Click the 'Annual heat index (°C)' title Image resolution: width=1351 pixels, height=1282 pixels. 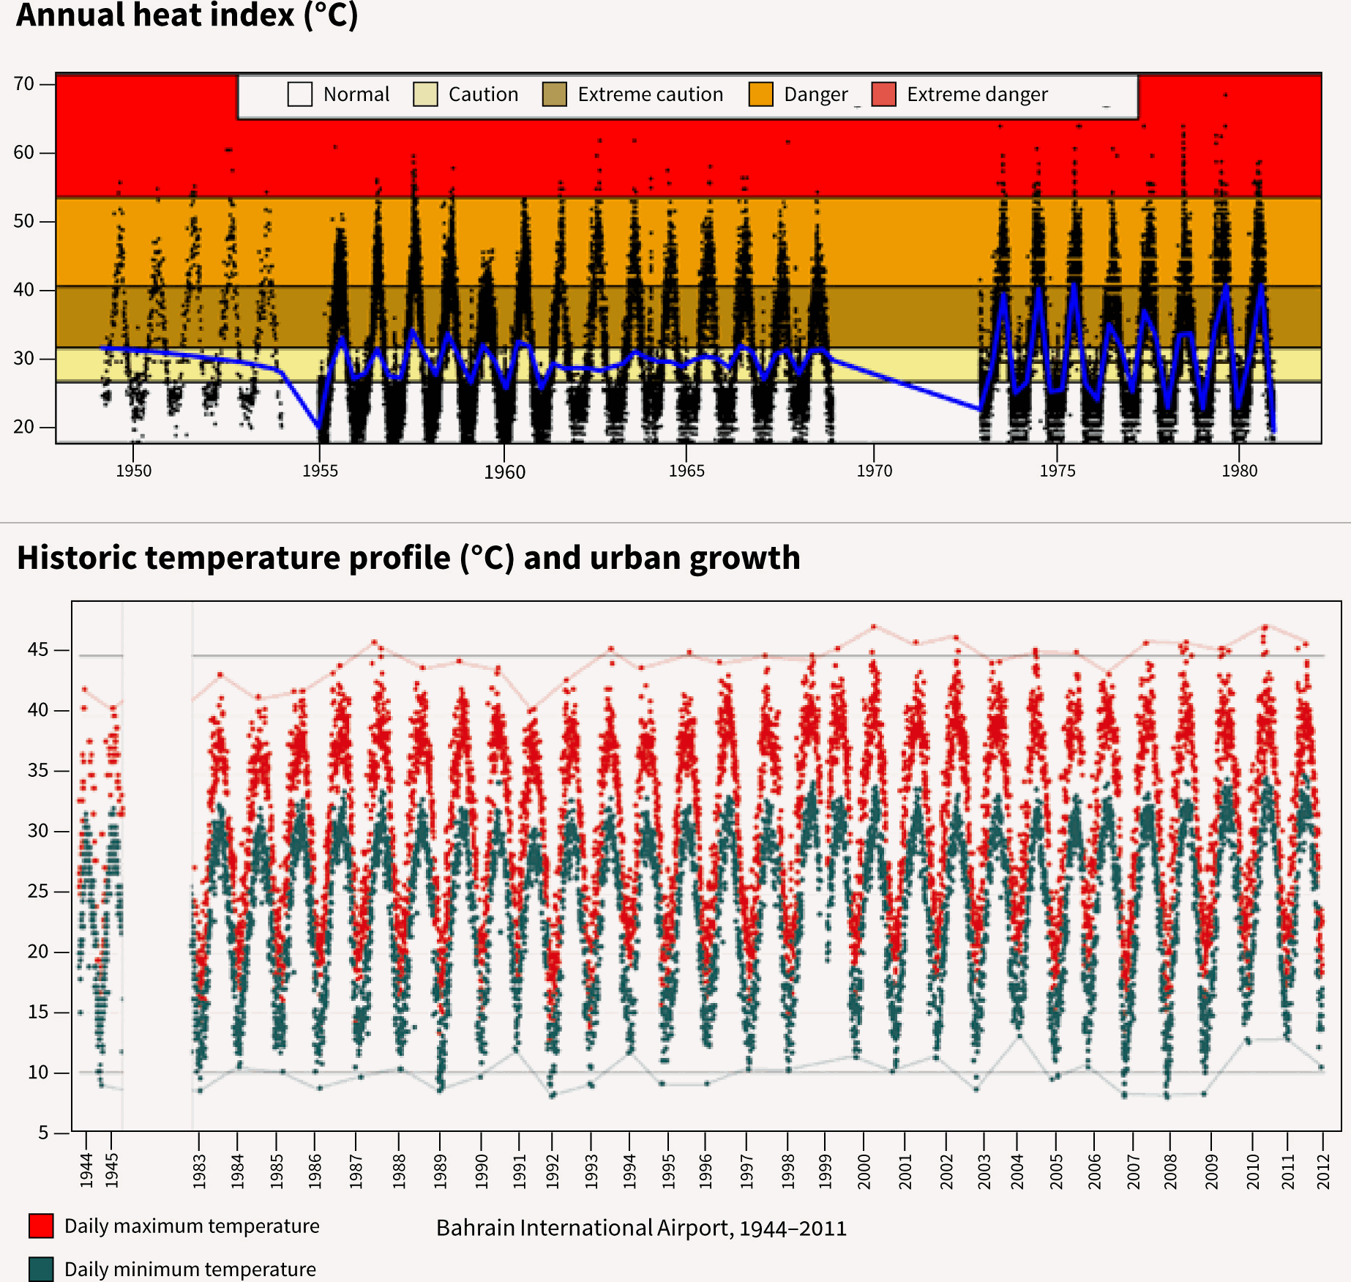click(x=187, y=15)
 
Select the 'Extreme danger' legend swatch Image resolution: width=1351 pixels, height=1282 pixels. click(x=884, y=94)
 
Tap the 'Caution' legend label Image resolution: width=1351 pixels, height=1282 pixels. click(x=483, y=94)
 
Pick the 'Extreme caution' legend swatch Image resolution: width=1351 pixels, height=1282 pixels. click(x=555, y=94)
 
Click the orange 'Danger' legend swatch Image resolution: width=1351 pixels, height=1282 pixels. click(x=761, y=94)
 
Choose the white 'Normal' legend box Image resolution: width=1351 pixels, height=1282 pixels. click(x=300, y=94)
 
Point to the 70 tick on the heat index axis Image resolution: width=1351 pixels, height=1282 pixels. click(x=24, y=84)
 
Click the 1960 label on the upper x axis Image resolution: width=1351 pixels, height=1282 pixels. click(x=504, y=472)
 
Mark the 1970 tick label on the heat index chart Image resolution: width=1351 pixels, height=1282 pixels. click(x=875, y=471)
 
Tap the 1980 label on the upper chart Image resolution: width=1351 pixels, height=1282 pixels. click(x=1239, y=471)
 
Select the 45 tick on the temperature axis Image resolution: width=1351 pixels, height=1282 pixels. click(x=38, y=650)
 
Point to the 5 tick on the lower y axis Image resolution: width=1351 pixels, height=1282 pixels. click(x=43, y=1133)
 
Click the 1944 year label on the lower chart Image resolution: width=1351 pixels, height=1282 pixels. click(x=86, y=1170)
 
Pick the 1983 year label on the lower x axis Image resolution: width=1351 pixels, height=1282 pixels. click(x=199, y=1170)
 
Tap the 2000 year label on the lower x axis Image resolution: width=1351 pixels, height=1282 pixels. click(x=864, y=1170)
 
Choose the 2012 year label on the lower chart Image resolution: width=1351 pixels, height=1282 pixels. click(x=1323, y=1170)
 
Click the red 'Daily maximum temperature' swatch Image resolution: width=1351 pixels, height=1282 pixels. click(x=41, y=1226)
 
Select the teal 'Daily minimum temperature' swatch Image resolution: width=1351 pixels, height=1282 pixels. click(x=41, y=1269)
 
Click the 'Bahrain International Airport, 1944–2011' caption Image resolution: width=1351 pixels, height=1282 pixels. click(x=641, y=1228)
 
